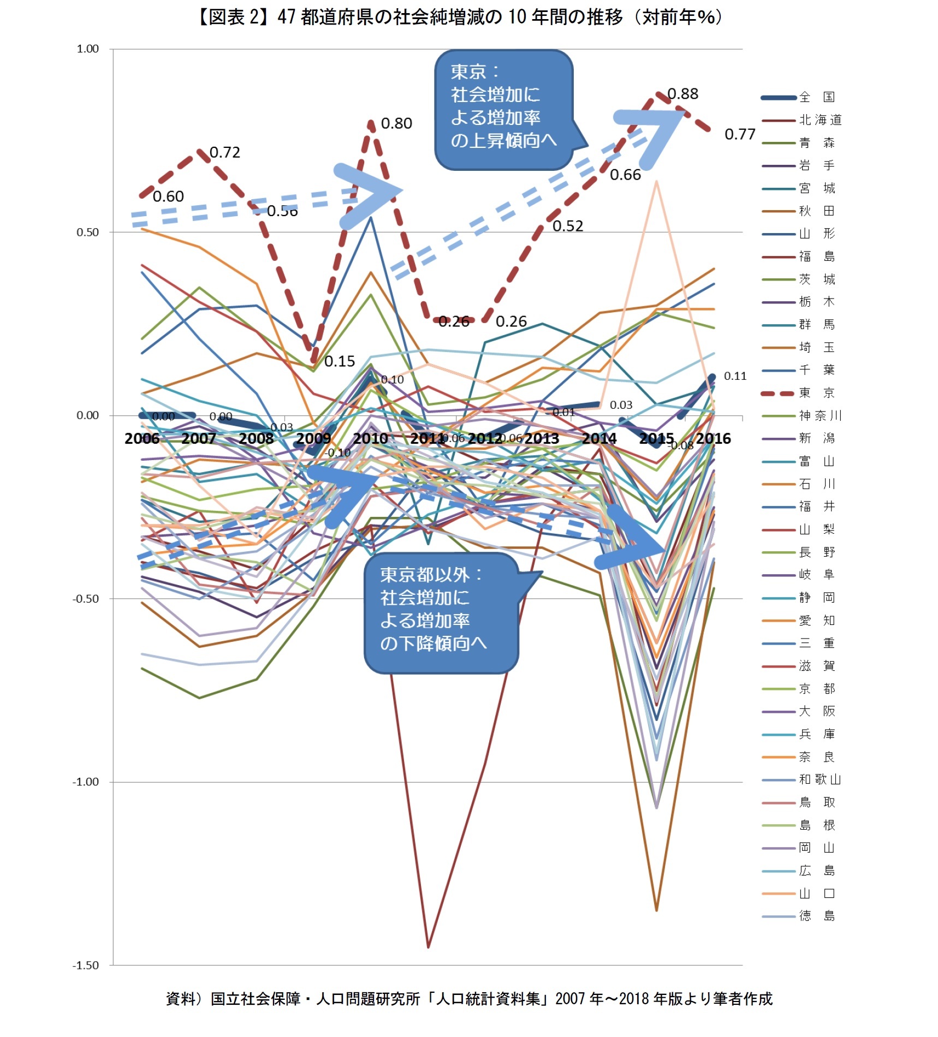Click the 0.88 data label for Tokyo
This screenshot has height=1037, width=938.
tap(682, 94)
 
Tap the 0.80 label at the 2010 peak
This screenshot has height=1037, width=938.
tap(396, 123)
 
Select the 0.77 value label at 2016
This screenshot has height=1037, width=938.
tap(740, 134)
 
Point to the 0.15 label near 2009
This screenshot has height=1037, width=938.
tap(339, 361)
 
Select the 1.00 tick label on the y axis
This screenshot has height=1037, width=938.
tap(87, 49)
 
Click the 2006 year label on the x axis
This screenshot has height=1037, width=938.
tap(142, 439)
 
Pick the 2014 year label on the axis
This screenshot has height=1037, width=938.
tap(599, 439)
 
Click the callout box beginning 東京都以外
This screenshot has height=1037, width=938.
tap(440, 613)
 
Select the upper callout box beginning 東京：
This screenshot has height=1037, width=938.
tap(503, 109)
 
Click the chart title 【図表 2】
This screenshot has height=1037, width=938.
tap(459, 17)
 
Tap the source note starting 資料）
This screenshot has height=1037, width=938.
tap(469, 999)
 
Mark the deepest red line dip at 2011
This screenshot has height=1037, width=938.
tap(428, 946)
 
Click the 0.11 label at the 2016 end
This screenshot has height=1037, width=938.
tap(735, 376)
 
